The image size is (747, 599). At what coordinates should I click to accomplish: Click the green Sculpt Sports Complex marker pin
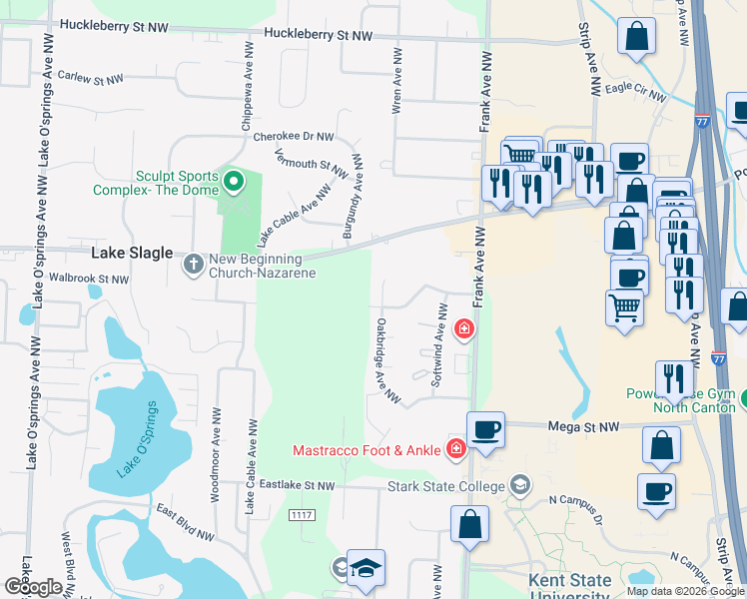tap(233, 181)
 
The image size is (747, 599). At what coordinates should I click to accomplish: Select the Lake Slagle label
tap(132, 254)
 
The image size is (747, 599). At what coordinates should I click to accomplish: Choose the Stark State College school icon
tap(518, 486)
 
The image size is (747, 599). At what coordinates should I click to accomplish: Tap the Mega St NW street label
tap(584, 426)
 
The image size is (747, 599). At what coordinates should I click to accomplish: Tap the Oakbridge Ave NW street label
tap(387, 362)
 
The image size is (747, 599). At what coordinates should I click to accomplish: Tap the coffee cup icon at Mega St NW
tap(485, 429)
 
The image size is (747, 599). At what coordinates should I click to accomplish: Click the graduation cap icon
tap(366, 568)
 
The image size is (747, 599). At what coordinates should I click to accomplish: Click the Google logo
tap(34, 587)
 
